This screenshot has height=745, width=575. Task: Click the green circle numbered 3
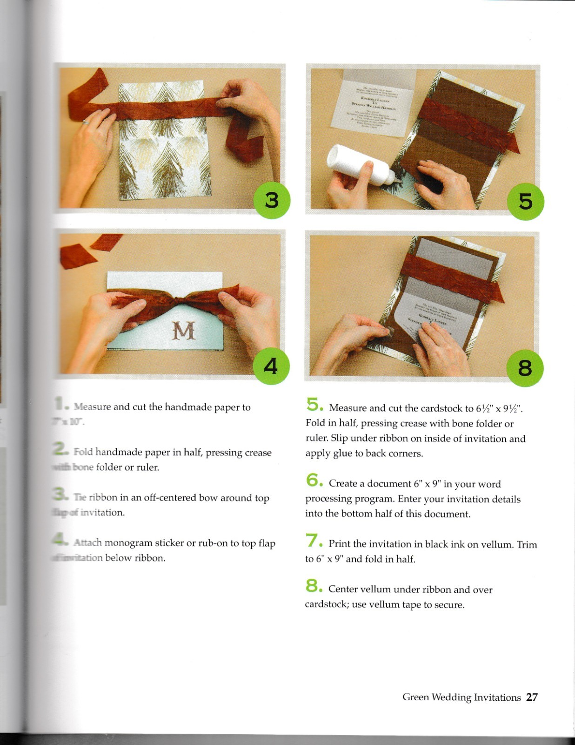click(x=272, y=201)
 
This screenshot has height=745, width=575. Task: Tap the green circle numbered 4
click(x=271, y=366)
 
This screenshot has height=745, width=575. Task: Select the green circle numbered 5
click(x=525, y=202)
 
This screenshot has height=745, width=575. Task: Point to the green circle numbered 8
click(x=524, y=368)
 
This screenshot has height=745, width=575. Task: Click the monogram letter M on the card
click(x=183, y=331)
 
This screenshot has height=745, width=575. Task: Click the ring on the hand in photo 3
click(x=86, y=122)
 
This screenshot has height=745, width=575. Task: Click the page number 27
click(x=532, y=697)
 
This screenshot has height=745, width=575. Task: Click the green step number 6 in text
click(x=312, y=480)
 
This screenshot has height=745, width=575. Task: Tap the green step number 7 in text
click(x=312, y=541)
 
